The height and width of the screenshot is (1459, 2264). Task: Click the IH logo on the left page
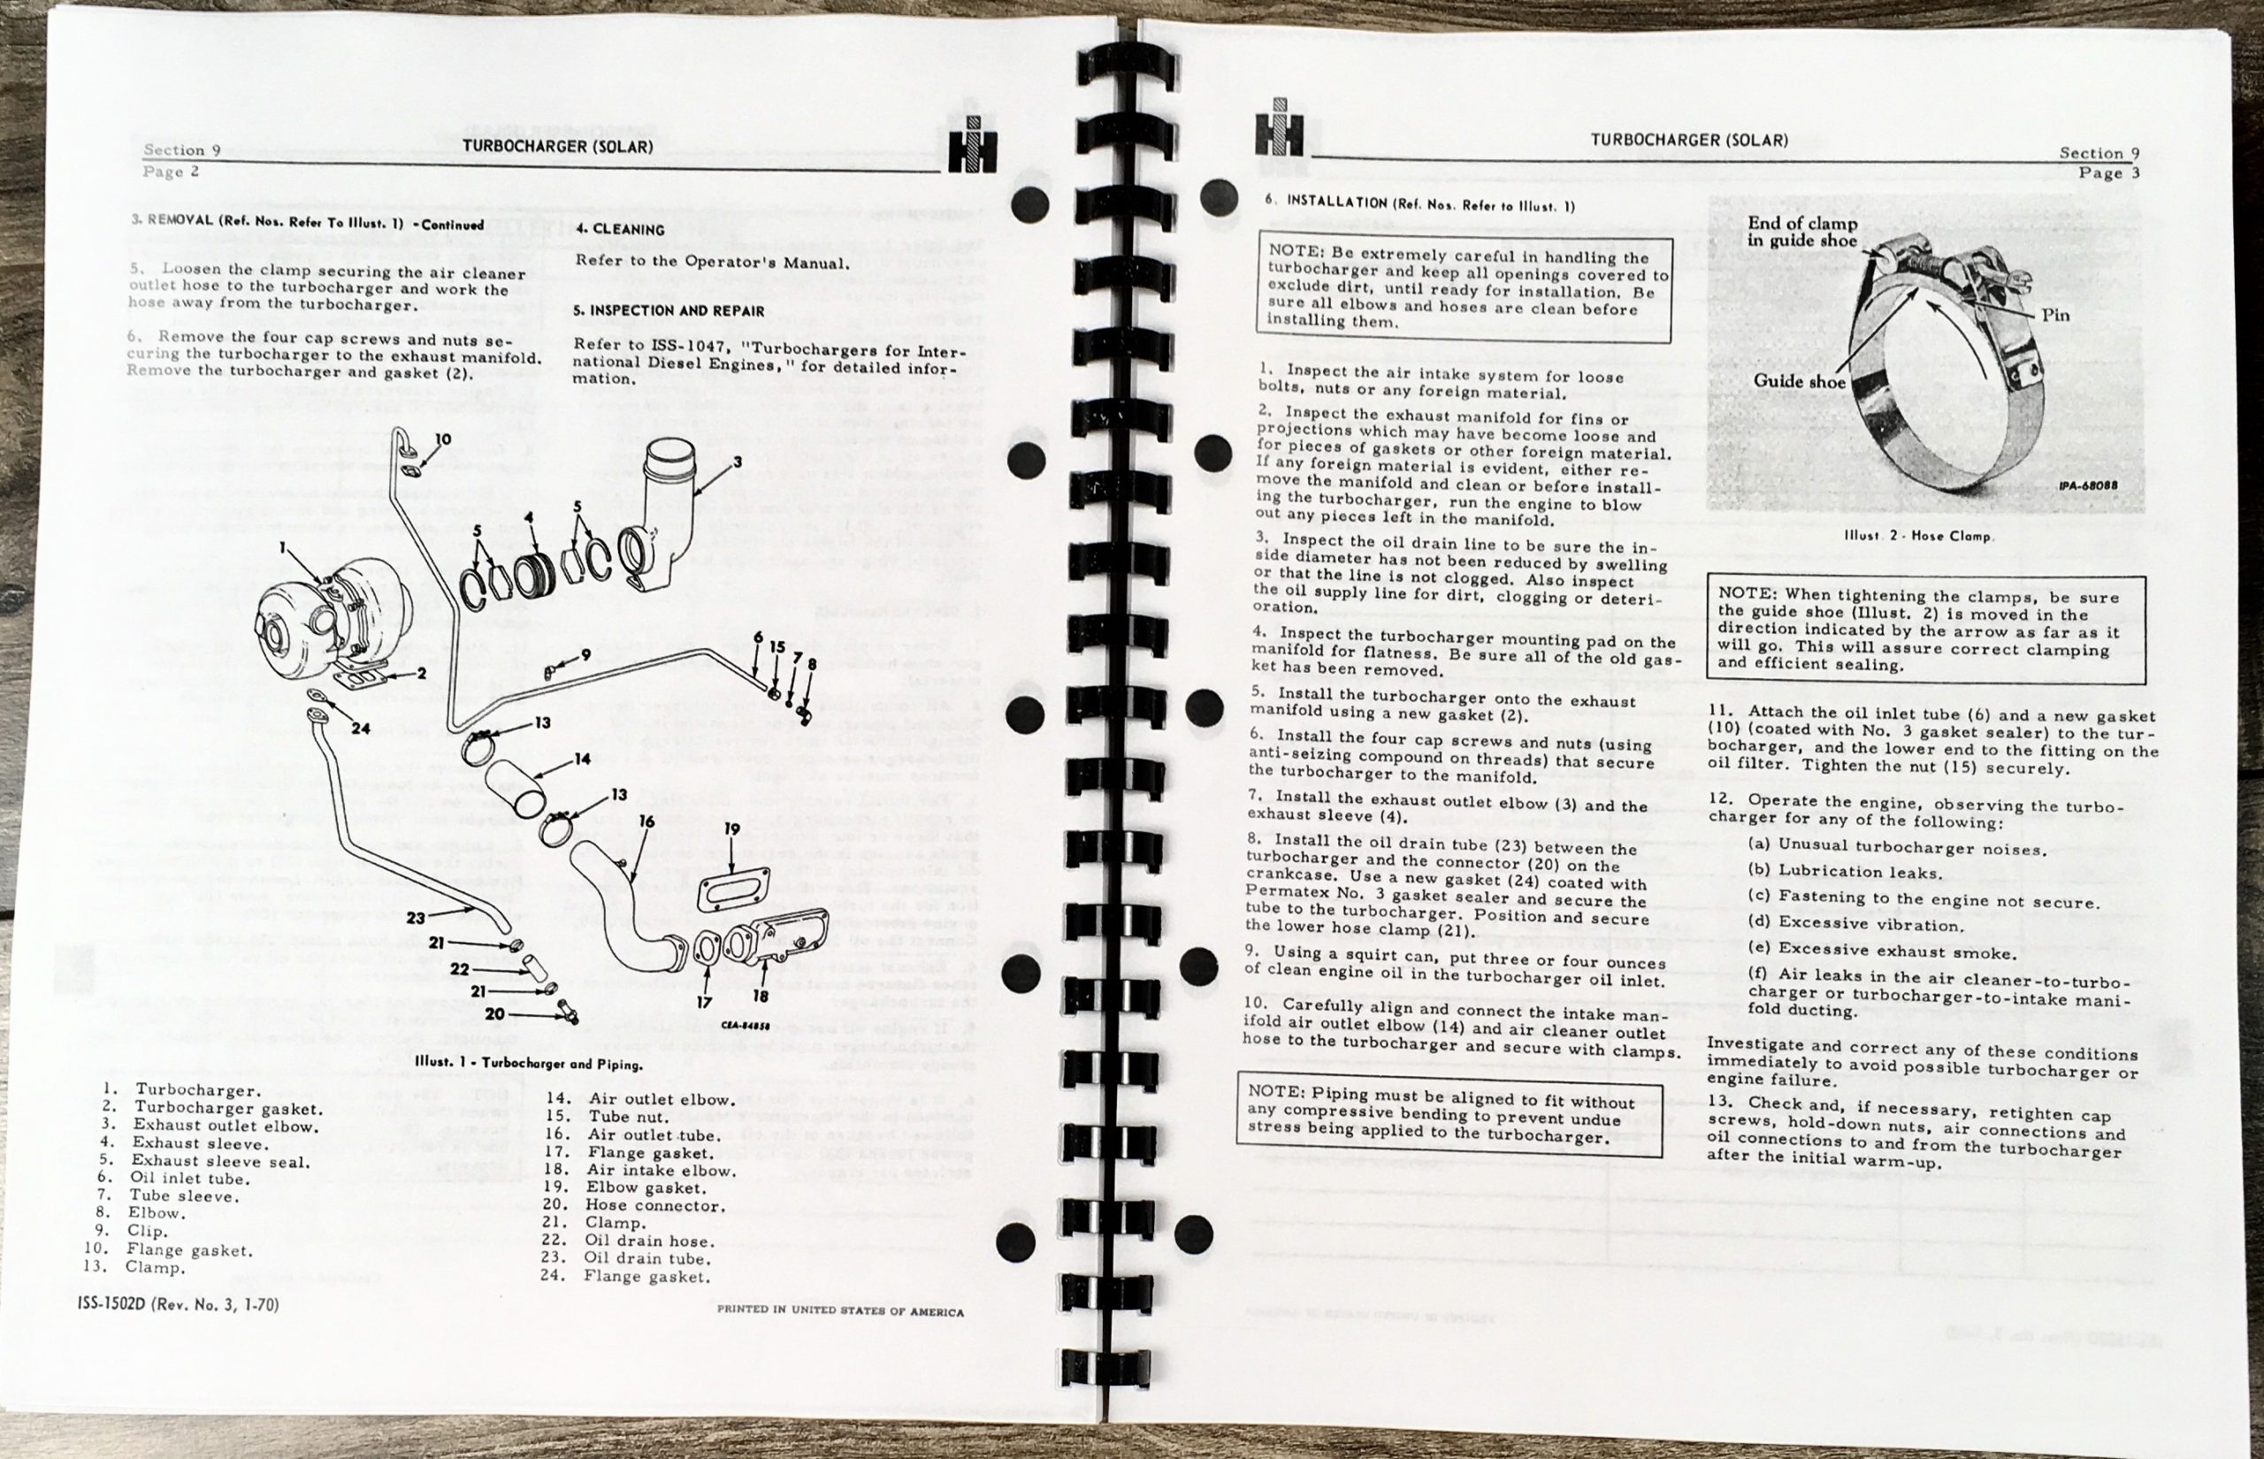pos(973,150)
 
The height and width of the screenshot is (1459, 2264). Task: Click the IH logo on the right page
pos(1279,131)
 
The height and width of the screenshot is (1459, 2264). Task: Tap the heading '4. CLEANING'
pos(621,229)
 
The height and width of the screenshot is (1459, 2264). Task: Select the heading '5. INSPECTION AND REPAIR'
pos(669,310)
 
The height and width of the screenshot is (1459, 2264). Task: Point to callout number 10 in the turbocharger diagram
pos(442,439)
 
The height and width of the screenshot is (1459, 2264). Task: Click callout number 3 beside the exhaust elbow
pos(737,462)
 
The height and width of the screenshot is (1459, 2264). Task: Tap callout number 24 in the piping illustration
pos(360,729)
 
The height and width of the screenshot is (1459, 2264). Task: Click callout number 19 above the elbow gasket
pos(731,829)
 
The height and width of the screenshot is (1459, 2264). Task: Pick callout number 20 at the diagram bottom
pos(494,1012)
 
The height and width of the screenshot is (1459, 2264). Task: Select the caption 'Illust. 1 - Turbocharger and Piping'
pos(529,1063)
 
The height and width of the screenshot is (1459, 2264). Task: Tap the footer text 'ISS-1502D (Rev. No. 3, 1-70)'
pos(178,1304)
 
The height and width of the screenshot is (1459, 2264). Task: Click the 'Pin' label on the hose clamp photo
pos(2054,316)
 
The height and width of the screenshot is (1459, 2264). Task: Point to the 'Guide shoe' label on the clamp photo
pos(1799,382)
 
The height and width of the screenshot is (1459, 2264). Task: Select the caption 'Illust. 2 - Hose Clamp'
pos(1919,536)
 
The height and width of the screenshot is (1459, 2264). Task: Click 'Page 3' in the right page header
pos(2108,172)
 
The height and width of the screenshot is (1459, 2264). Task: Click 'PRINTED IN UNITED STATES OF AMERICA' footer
pos(839,1311)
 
